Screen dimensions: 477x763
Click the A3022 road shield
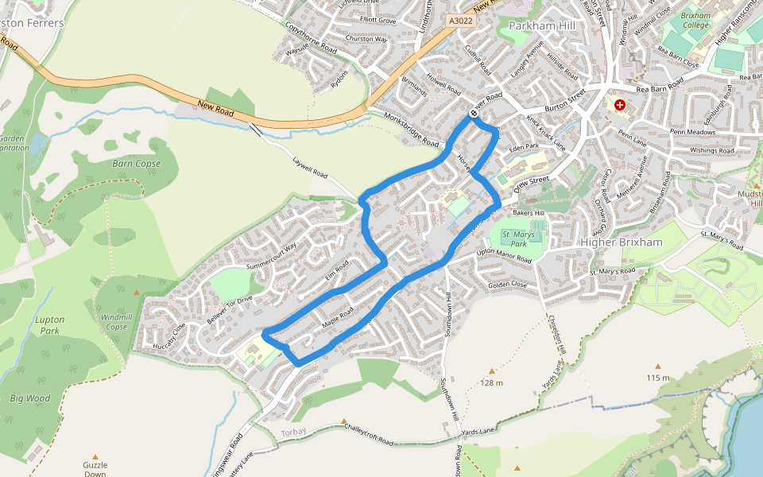460,21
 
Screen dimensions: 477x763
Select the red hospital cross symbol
620,105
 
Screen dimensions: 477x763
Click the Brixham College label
695,20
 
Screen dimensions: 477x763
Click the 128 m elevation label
492,382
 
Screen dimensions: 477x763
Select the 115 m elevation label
658,377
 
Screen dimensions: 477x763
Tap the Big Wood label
29,398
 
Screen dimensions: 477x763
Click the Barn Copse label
136,164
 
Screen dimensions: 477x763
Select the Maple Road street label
337,321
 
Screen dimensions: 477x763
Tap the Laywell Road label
310,168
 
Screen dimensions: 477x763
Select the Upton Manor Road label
503,256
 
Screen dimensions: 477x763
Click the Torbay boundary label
293,432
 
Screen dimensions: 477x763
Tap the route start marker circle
474,114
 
